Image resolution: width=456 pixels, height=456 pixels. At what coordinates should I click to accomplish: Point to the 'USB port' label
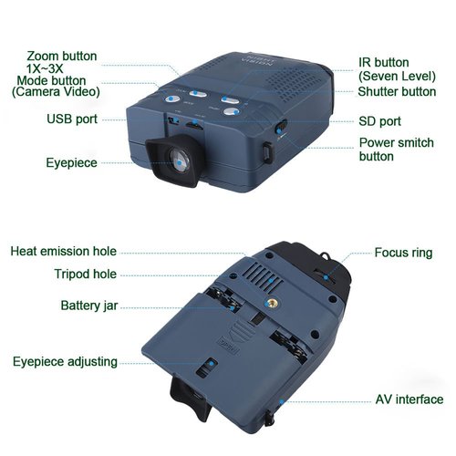pos(73,119)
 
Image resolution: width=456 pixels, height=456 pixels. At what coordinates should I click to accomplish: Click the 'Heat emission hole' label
pos(64,252)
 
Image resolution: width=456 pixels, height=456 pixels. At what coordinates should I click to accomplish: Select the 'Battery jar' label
pos(88,305)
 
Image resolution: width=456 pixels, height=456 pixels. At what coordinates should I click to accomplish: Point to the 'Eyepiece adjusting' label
pos(65,362)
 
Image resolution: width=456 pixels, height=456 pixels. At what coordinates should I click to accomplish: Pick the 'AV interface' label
pos(409,399)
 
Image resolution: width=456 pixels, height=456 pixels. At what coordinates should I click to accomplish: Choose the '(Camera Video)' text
pos(57,93)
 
